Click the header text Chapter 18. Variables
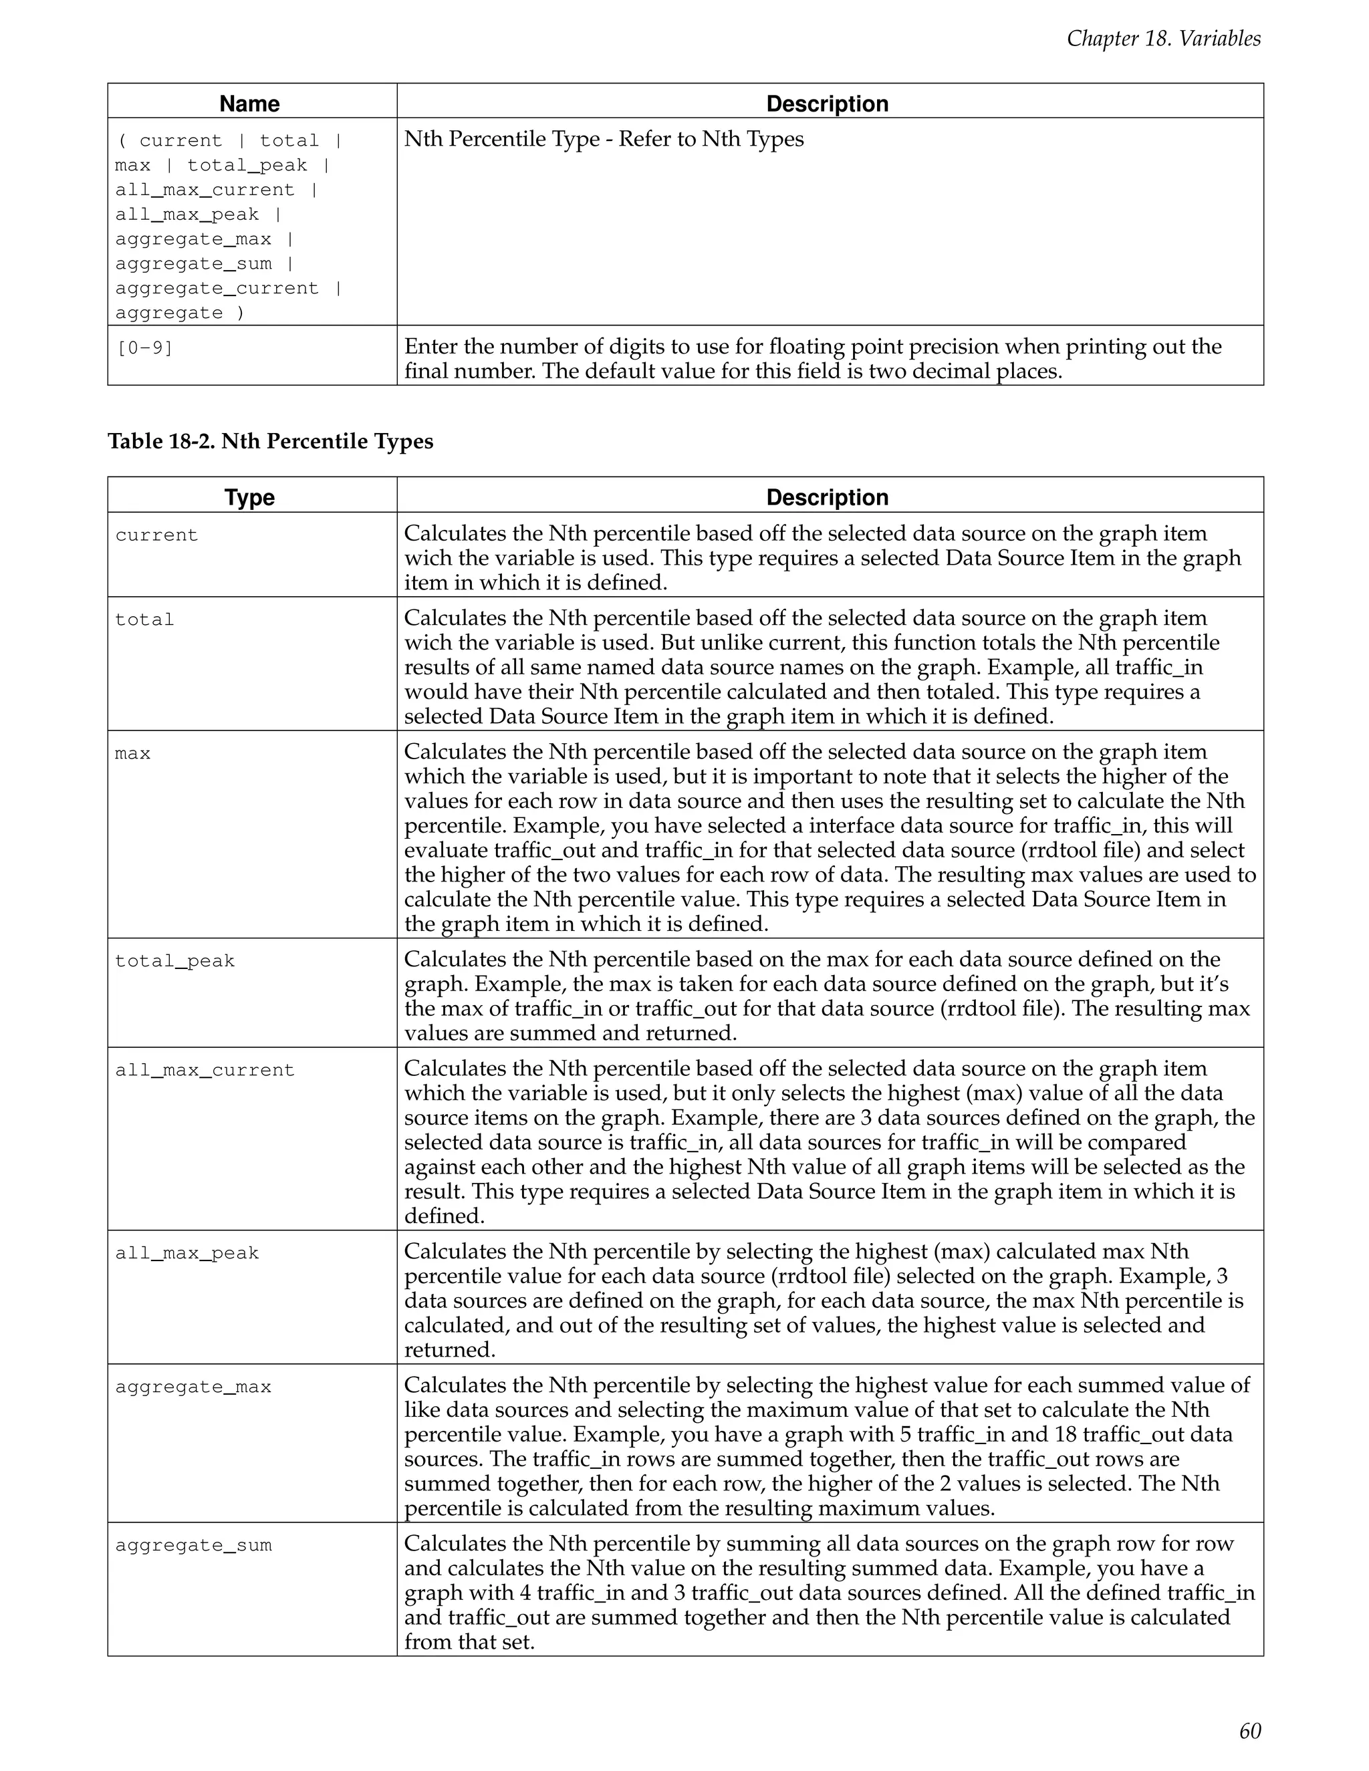click(x=1163, y=38)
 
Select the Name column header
click(x=250, y=104)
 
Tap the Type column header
click(x=250, y=497)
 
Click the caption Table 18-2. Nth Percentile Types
click(x=270, y=441)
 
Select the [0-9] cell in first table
click(x=144, y=349)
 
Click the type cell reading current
click(x=156, y=535)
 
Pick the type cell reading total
click(x=144, y=620)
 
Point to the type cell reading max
click(x=133, y=753)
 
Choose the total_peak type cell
click(x=174, y=961)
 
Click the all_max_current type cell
click(x=205, y=1071)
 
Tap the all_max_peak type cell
click(x=186, y=1253)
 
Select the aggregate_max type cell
click(x=193, y=1387)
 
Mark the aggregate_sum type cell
click(x=193, y=1544)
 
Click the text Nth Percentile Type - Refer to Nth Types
click(x=604, y=140)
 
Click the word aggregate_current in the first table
click(x=217, y=289)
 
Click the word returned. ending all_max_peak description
click(x=449, y=1350)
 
